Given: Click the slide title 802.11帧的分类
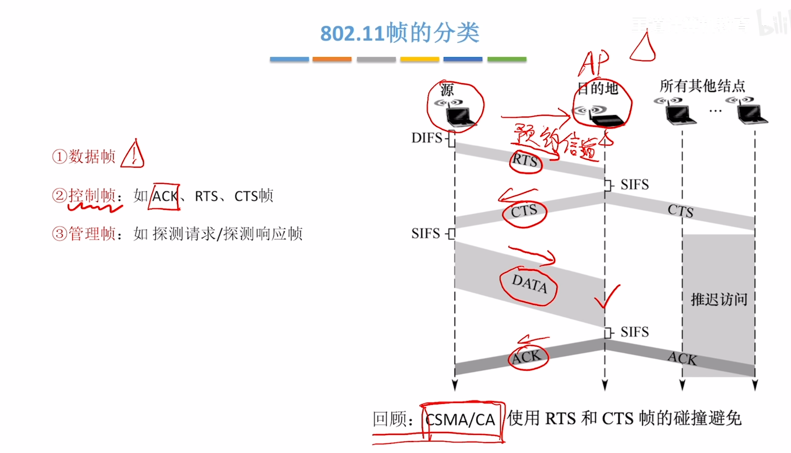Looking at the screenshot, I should pyautogui.click(x=399, y=33).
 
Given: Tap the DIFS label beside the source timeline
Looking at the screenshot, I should pyautogui.click(x=427, y=138).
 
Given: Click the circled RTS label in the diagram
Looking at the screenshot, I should pyautogui.click(x=525, y=160).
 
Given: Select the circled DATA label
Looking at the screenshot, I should pyautogui.click(x=529, y=284).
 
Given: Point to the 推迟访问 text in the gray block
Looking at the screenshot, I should pyautogui.click(x=719, y=300).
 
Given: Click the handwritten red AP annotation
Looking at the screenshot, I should pyautogui.click(x=594, y=63).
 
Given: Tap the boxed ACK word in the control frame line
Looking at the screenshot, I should pyautogui.click(x=164, y=197).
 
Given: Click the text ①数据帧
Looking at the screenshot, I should pyautogui.click(x=84, y=156).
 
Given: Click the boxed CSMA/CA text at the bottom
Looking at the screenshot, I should pyautogui.click(x=461, y=420).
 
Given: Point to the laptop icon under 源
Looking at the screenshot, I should pyautogui.click(x=459, y=116).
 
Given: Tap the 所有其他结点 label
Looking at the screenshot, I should pyautogui.click(x=702, y=86).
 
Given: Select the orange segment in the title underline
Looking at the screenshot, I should pyautogui.click(x=332, y=59).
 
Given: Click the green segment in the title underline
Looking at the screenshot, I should pyautogui.click(x=507, y=59).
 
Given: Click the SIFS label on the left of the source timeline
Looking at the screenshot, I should pyautogui.click(x=426, y=234).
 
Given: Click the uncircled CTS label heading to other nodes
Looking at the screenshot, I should pyautogui.click(x=680, y=211).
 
